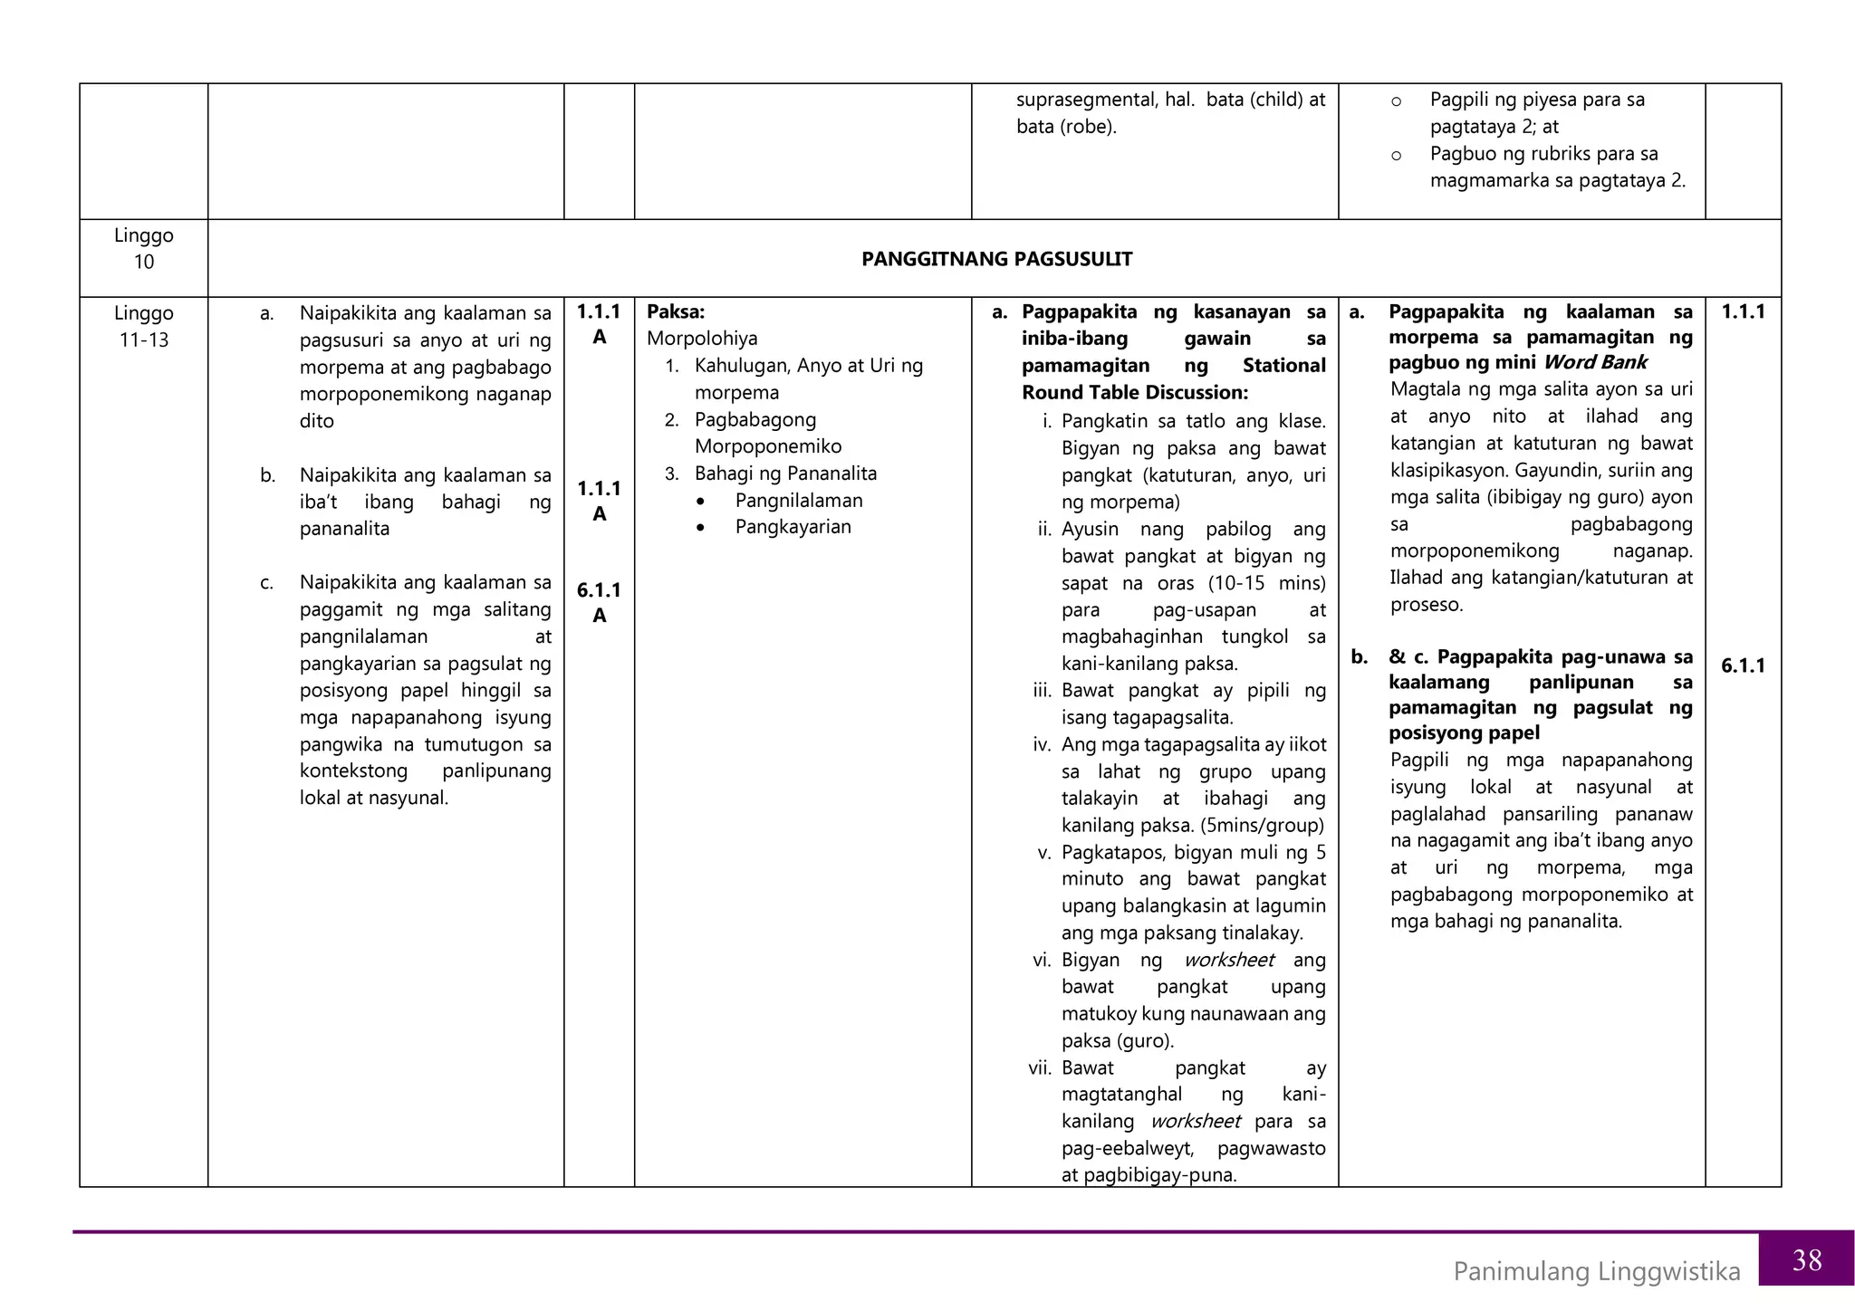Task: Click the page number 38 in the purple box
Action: pyautogui.click(x=1806, y=1259)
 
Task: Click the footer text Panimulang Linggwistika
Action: pyautogui.click(x=1596, y=1271)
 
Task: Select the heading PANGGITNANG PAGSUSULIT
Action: pyautogui.click(x=996, y=259)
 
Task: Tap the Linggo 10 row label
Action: pyautogui.click(x=143, y=248)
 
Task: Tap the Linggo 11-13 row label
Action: pyautogui.click(x=143, y=326)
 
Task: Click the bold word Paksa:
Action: pyautogui.click(x=675, y=311)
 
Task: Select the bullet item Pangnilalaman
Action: pyautogui.click(x=798, y=500)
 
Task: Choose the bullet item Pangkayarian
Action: pyautogui.click(x=793, y=527)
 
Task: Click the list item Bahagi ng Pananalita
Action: pyautogui.click(x=785, y=473)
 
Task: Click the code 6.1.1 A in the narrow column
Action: pyautogui.click(x=599, y=602)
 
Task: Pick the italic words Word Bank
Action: pyautogui.click(x=1594, y=362)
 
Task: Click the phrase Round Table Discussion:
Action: pyautogui.click(x=1134, y=392)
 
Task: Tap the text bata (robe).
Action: pyautogui.click(x=1065, y=127)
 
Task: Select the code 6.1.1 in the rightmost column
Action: pyautogui.click(x=1743, y=665)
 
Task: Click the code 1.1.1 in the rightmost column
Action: pyautogui.click(x=1743, y=311)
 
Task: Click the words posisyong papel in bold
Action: pyautogui.click(x=1464, y=732)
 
